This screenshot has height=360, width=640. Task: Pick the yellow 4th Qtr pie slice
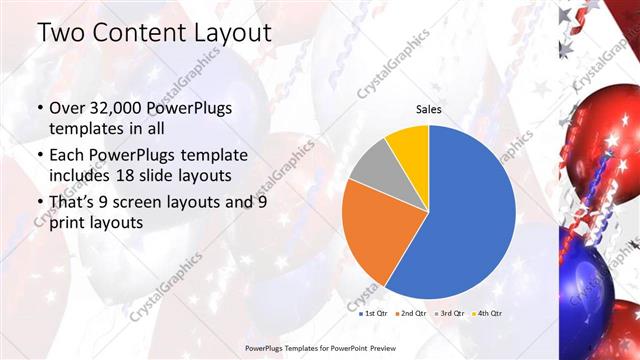point(409,146)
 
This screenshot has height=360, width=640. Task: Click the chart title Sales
point(429,110)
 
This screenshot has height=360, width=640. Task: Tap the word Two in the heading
point(62,32)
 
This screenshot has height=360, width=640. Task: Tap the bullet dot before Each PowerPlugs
point(39,156)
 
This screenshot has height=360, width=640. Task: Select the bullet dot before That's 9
point(39,202)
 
